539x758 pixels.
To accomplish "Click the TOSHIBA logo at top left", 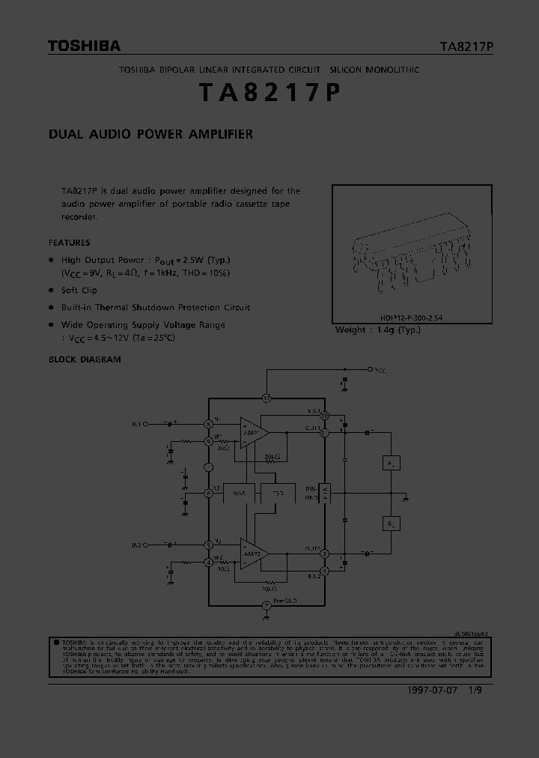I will click(84, 46).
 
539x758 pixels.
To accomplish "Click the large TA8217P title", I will click(269, 93).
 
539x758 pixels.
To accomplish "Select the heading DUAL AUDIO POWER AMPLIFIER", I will click(150, 135).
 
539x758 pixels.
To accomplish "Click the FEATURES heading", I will click(69, 243).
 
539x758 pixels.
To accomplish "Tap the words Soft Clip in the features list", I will click(79, 290).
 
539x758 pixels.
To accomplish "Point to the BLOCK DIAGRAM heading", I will click(85, 360).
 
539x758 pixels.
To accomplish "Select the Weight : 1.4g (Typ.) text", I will click(378, 330).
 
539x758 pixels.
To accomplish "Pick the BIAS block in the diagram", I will click(239, 494).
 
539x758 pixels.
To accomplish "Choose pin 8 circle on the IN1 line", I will click(209, 425).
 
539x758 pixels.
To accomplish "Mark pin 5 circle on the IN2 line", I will click(209, 545).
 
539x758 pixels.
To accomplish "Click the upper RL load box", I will click(391, 464).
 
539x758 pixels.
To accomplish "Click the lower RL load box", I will click(391, 523).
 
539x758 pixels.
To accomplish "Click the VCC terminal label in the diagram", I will click(380, 370).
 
